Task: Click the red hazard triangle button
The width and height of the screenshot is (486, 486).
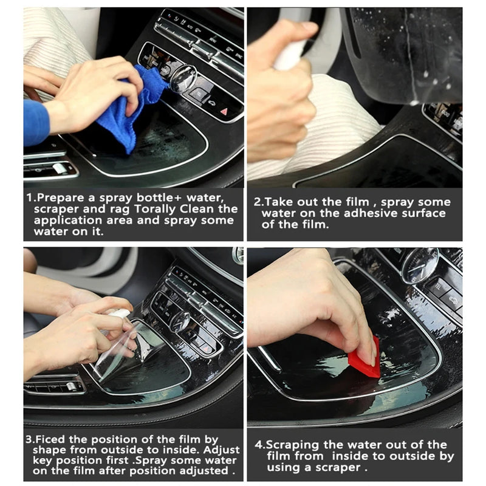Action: (x=224, y=111)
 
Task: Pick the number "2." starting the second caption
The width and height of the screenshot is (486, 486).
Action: (x=258, y=202)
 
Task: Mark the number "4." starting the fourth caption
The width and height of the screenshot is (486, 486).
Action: (x=258, y=445)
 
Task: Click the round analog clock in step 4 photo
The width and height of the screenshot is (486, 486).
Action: (x=419, y=265)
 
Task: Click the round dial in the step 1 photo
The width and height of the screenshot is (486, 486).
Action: (x=182, y=79)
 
